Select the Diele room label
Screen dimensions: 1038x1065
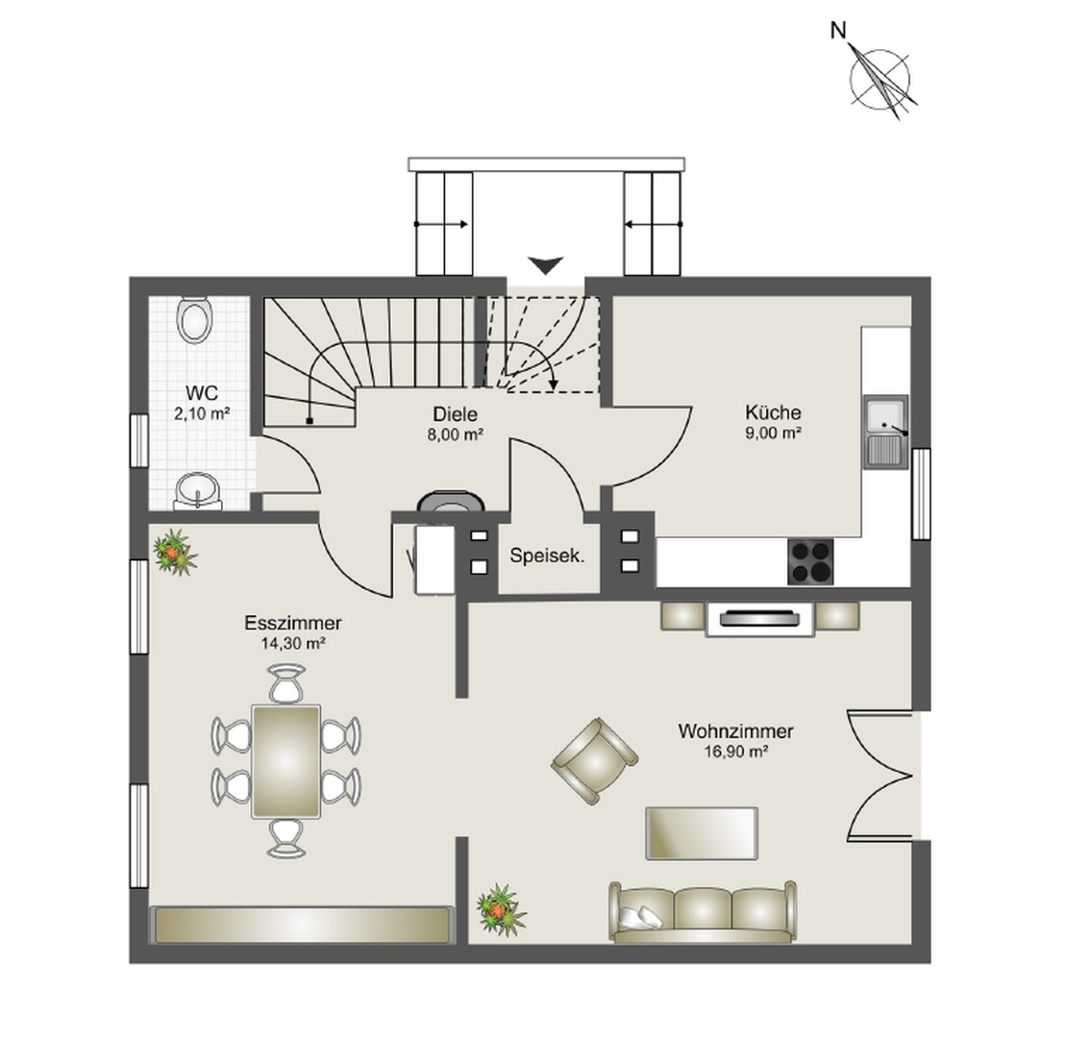[456, 414]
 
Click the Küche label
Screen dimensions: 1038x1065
[773, 412]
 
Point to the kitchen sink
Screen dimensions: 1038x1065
[885, 432]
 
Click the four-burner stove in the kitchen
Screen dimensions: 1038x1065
[810, 560]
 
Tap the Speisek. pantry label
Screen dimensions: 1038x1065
[547, 555]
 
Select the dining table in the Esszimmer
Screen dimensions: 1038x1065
[286, 760]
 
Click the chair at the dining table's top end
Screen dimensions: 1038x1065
[286, 684]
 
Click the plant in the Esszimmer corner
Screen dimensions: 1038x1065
[174, 552]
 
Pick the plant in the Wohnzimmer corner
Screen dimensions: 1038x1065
[500, 908]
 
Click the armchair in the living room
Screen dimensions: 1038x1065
[594, 758]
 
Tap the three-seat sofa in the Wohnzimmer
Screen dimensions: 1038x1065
[703, 910]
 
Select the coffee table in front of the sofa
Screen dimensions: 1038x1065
[702, 832]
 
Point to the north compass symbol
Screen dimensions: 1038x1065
[879, 77]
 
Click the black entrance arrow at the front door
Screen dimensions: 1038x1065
[547, 264]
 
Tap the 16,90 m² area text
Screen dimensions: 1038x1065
[735, 753]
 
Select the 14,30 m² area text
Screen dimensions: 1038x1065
[293, 644]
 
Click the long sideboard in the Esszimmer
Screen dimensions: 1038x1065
[302, 925]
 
